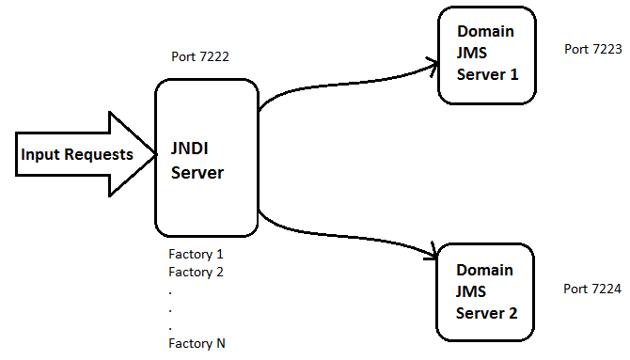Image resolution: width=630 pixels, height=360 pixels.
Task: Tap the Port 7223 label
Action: [x=592, y=49]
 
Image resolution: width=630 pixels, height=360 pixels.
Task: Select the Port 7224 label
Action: [x=592, y=289]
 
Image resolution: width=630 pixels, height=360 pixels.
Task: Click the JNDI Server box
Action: [x=207, y=158]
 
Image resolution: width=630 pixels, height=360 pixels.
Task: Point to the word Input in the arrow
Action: [x=40, y=155]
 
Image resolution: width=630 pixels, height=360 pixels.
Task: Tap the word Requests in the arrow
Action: [x=99, y=155]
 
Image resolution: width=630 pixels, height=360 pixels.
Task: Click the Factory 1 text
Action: [x=196, y=254]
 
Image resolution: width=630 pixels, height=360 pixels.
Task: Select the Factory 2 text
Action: [x=196, y=272]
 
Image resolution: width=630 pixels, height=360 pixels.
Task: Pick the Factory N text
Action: [x=196, y=343]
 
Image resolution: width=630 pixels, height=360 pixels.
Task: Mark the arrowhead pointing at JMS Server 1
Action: [x=433, y=65]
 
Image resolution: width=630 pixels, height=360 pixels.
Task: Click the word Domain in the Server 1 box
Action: [x=486, y=33]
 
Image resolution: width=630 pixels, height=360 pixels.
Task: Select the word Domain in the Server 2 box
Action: [x=486, y=270]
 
